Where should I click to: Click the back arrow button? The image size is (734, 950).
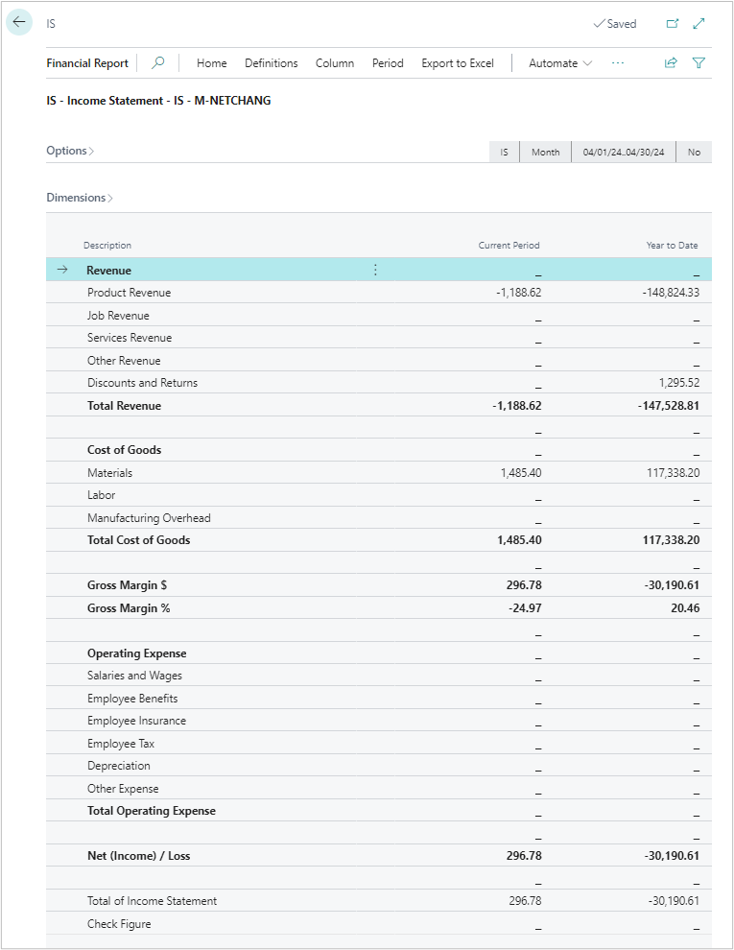19,22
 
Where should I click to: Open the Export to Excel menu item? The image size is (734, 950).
458,63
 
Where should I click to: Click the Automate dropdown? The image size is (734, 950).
560,63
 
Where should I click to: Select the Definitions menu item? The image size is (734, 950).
272,63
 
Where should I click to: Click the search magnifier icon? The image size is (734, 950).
158,63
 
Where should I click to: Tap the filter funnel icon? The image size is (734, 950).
698,63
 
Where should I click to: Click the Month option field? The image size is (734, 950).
545,152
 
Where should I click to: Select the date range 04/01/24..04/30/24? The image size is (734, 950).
623,152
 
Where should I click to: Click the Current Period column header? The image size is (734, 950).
509,246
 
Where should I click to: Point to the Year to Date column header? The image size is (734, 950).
672,246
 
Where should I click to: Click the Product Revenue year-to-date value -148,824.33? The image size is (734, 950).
671,293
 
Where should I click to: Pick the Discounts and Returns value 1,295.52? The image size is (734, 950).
679,383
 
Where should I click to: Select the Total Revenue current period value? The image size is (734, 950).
516,406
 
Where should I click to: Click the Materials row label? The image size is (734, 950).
109,473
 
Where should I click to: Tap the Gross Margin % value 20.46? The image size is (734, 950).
685,608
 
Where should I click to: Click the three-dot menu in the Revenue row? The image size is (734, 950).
375,271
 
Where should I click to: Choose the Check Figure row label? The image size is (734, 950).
119,924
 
